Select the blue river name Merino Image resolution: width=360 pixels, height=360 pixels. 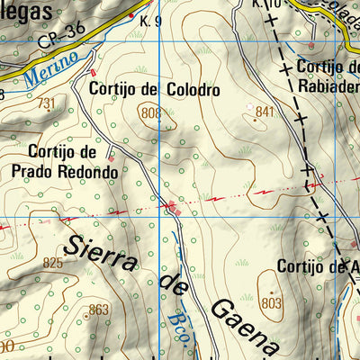(45, 71)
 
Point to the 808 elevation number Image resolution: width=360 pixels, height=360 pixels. (151, 112)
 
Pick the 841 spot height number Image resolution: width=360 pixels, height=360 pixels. (264, 112)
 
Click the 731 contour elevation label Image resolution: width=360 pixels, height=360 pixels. (45, 103)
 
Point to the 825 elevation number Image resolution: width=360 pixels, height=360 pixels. (53, 264)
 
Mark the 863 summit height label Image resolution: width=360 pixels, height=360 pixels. (98, 310)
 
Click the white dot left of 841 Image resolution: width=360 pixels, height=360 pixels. (250, 106)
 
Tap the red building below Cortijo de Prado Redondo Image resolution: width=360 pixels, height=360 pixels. (112, 159)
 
